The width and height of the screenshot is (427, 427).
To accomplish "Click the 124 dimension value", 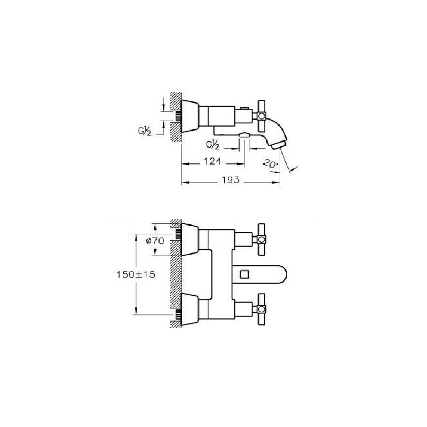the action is (212, 162).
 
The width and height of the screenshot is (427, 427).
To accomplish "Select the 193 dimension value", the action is (231, 180).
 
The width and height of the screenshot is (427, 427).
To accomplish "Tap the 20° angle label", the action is (271, 164).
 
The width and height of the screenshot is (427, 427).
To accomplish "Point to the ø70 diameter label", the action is (155, 241).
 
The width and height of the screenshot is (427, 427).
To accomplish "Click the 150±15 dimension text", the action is (136, 274).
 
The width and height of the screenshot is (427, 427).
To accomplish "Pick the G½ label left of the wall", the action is (145, 131).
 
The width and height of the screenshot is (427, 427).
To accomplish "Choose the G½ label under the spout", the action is (212, 145).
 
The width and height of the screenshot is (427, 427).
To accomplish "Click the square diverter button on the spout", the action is (244, 274).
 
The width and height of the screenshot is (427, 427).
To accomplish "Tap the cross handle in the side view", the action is (262, 116).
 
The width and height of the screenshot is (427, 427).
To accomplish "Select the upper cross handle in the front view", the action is (262, 240).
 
